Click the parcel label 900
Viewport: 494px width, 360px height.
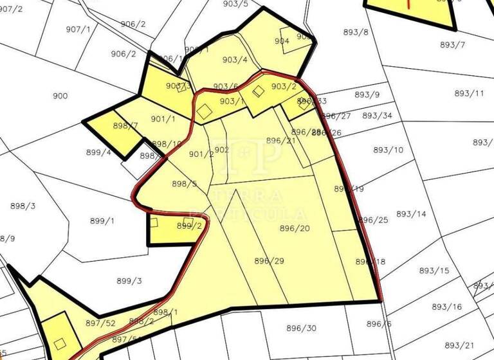[x=60, y=96]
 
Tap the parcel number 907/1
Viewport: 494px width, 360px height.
[x=78, y=30]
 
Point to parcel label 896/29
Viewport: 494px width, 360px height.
[x=269, y=261]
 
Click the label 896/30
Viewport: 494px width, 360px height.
[x=302, y=328]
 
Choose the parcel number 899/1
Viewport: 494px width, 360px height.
[x=102, y=221]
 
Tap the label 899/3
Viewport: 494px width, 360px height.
[x=129, y=281]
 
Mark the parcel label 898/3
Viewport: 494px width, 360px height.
[x=23, y=206]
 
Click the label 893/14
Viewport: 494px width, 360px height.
[x=411, y=214]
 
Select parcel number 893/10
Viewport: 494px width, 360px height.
[x=389, y=150]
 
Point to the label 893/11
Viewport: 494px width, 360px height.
[x=469, y=93]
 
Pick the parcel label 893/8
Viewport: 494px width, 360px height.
[x=356, y=32]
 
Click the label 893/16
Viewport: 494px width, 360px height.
[x=447, y=307]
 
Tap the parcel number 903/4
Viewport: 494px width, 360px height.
[x=235, y=60]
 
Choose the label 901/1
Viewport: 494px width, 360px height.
[x=163, y=119]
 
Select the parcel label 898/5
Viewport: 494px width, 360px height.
[x=185, y=184]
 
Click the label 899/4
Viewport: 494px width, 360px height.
[x=98, y=153]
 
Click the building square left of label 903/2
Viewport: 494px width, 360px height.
[x=259, y=92]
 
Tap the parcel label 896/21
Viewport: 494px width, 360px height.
[x=281, y=141]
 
